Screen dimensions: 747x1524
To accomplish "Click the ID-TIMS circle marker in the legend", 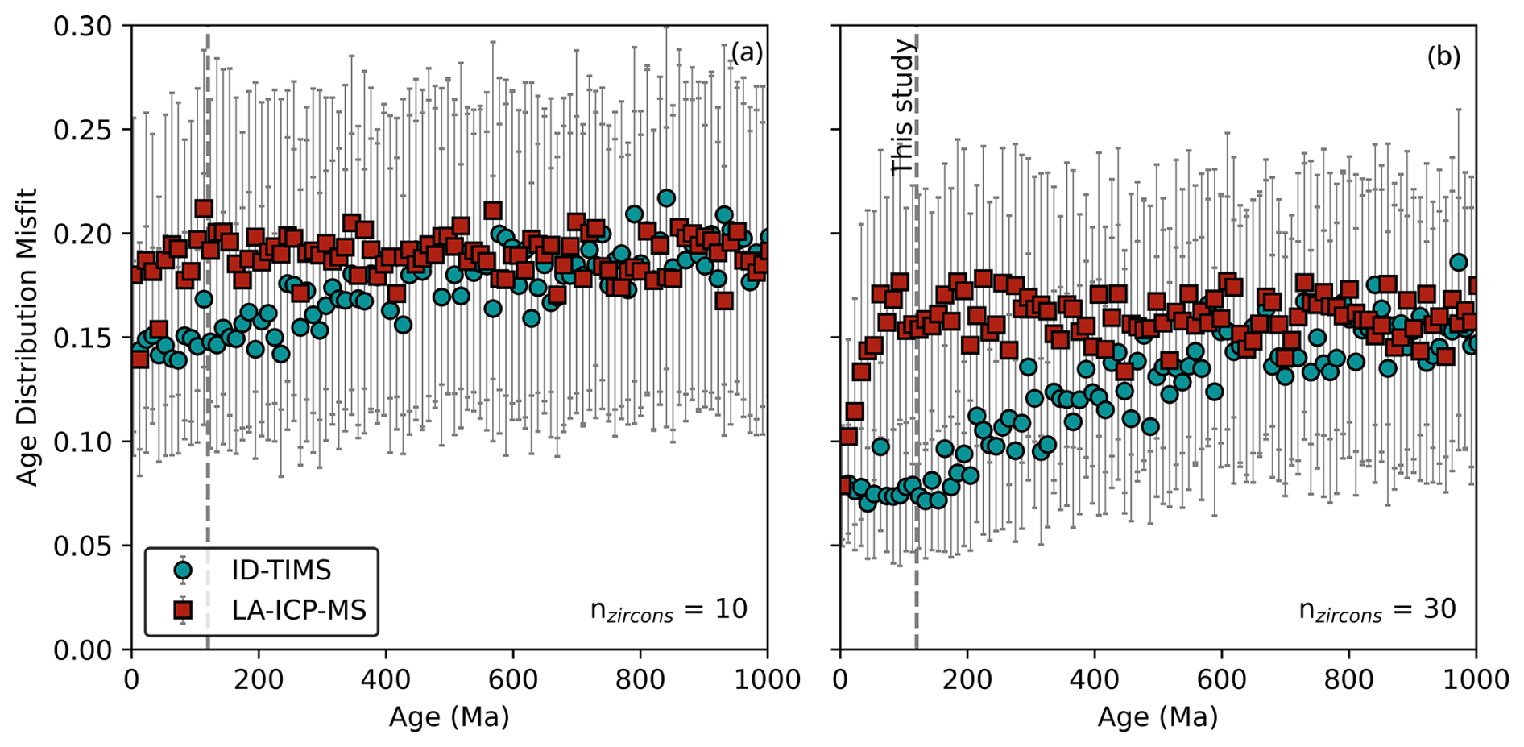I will (x=184, y=571).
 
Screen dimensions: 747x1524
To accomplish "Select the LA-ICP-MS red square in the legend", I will (x=184, y=609).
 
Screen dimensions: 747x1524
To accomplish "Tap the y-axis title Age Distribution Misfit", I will (x=27, y=337).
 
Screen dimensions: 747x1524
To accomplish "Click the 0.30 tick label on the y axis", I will (x=83, y=27).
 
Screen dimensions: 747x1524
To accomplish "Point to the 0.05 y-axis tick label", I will (x=83, y=546).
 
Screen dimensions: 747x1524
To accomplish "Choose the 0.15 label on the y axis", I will (x=83, y=338).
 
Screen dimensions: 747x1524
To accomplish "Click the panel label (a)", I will (x=746, y=53).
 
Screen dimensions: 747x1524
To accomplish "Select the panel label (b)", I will (x=1443, y=56).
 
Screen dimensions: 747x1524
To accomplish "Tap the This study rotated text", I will (x=903, y=106).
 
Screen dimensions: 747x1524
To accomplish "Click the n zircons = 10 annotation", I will (x=669, y=610).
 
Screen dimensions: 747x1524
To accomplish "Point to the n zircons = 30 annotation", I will (x=1377, y=610).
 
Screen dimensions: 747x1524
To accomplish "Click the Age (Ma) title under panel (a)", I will (x=449, y=716).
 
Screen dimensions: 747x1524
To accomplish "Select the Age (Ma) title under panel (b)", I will (x=1157, y=716).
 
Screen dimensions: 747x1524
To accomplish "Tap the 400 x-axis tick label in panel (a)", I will (x=386, y=679).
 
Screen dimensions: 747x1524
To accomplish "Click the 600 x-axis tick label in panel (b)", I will (x=1222, y=679).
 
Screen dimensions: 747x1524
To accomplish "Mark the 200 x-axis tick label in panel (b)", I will (x=967, y=679).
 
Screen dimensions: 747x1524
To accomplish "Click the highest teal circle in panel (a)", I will (x=666, y=198).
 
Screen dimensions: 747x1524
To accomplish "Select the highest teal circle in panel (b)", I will (x=1458, y=262).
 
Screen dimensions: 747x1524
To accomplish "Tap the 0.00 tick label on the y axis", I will (x=83, y=650).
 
